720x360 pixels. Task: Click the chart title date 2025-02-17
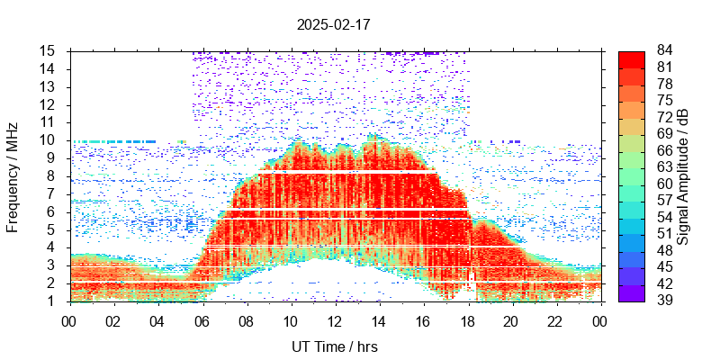333,24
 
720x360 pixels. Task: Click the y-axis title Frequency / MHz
13,175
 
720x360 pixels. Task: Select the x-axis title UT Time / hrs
334,346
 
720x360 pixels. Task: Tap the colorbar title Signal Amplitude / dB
683,175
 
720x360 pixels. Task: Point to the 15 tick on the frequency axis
49,50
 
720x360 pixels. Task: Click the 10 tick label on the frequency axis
49,139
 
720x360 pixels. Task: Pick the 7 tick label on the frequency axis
53,193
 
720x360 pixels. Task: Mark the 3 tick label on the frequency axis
53,265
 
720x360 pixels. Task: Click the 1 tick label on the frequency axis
53,301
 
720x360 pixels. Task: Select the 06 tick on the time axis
202,321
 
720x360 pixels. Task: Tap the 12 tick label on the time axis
334,321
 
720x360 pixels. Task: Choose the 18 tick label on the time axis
466,321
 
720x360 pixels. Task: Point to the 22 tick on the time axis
554,321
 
